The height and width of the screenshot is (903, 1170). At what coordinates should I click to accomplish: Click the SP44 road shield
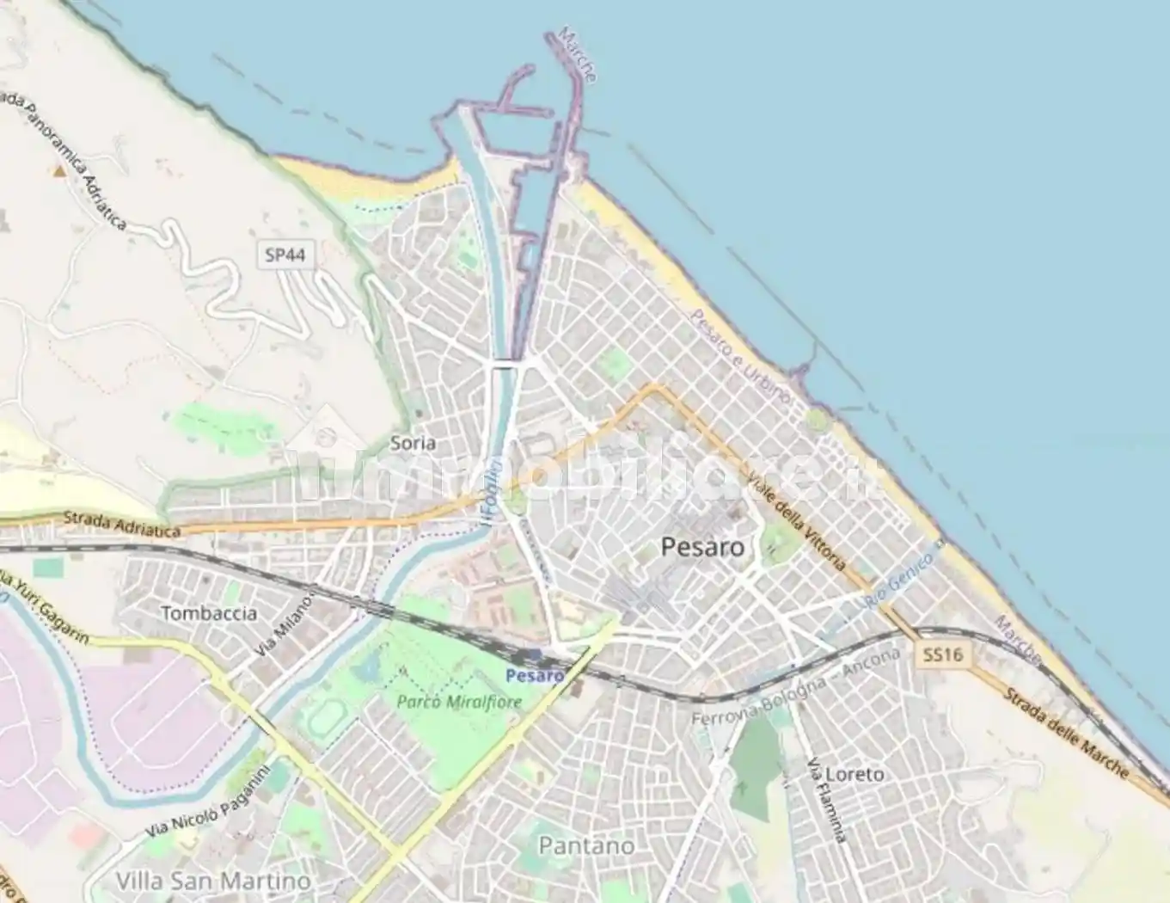coord(285,255)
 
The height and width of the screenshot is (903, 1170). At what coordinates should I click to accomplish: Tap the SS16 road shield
coord(942,655)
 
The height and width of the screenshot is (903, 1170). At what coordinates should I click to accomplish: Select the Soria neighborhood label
coord(413,443)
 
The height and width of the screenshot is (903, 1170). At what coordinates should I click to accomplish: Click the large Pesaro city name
coord(702,547)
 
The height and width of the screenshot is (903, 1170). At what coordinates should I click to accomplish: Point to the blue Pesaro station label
coord(535,675)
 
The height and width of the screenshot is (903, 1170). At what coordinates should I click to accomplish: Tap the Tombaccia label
coord(209,613)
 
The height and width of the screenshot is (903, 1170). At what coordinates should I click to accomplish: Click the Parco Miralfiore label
coord(459,702)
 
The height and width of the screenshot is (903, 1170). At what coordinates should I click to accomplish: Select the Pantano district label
coord(586,845)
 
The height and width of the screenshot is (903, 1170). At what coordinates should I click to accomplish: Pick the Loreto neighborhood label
coord(854,774)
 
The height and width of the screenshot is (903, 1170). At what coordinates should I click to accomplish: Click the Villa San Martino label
coord(213,881)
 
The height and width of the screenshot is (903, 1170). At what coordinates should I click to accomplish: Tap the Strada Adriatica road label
coord(122,525)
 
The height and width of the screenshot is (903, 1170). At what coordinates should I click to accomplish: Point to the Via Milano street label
coord(285,626)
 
